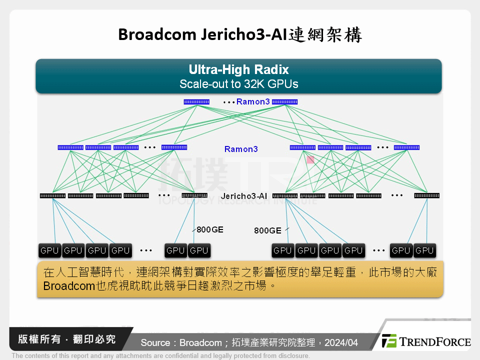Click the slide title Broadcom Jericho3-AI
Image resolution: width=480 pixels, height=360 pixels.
click(239, 34)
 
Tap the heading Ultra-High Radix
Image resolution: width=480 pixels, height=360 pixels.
click(238, 69)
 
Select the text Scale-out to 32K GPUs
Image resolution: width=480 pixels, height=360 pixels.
click(238, 84)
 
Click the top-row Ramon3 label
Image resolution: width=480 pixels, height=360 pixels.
click(253, 102)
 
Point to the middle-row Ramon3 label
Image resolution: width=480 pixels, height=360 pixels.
click(241, 149)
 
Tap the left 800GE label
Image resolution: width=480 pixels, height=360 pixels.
click(210, 229)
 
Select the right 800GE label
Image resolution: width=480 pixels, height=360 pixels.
click(267, 230)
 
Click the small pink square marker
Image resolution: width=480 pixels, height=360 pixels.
click(310, 159)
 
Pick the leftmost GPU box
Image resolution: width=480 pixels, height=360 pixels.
click(49, 250)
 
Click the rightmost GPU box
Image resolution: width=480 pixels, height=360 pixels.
click(424, 250)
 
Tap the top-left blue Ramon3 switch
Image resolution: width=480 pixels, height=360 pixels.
click(196, 102)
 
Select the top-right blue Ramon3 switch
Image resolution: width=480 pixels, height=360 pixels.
click(284, 102)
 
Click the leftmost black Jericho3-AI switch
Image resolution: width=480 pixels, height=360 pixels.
click(52, 195)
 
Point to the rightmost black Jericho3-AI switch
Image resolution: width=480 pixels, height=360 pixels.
click(426, 195)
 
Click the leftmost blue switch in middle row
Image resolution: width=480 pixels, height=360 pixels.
click(70, 147)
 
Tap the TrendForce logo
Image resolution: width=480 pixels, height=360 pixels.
click(426, 341)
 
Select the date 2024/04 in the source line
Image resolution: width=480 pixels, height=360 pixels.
click(341, 343)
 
